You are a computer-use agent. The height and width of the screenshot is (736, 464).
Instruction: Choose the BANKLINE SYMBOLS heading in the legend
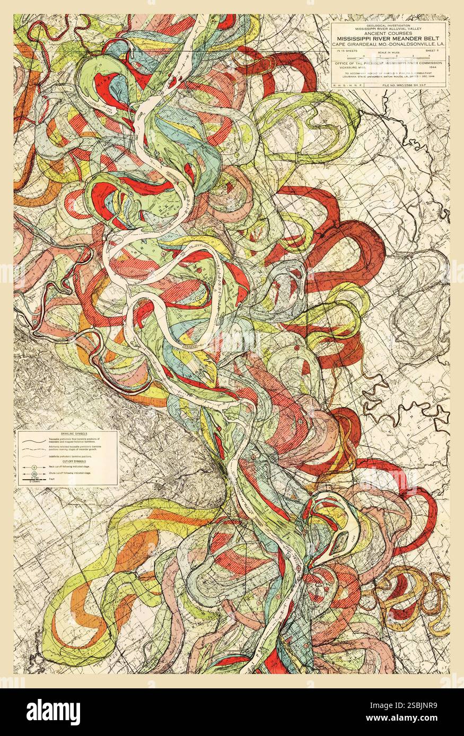click(67, 434)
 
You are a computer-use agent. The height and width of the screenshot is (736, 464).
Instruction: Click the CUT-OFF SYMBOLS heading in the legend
click(67, 461)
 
